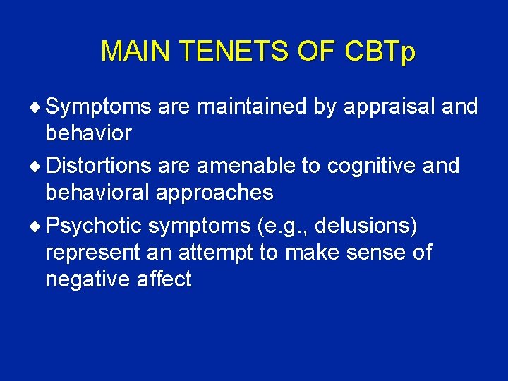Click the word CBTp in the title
click(380, 52)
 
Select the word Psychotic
click(94, 227)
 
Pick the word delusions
click(367, 227)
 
